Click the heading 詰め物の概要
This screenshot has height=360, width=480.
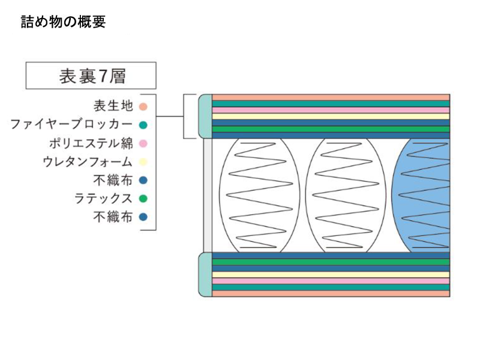pos(63,23)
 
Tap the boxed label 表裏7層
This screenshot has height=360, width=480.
pos(91,76)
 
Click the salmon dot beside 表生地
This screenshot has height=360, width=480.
pos(143,107)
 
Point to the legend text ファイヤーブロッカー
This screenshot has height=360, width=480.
pos(71,125)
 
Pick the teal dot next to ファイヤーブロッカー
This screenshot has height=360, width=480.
pos(143,125)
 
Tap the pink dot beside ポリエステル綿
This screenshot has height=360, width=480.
pos(143,144)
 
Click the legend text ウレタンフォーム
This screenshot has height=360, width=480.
pos(88,162)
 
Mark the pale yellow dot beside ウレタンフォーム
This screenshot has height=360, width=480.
pos(143,162)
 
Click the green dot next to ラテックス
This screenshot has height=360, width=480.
pos(143,199)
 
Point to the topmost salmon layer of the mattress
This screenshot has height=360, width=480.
pos(330,97)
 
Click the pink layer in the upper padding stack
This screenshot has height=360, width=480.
pos(330,110)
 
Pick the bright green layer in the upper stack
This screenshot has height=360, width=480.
pos(330,129)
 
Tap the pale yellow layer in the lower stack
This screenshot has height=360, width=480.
pos(330,275)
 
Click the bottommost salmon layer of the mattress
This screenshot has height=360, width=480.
pos(330,293)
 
